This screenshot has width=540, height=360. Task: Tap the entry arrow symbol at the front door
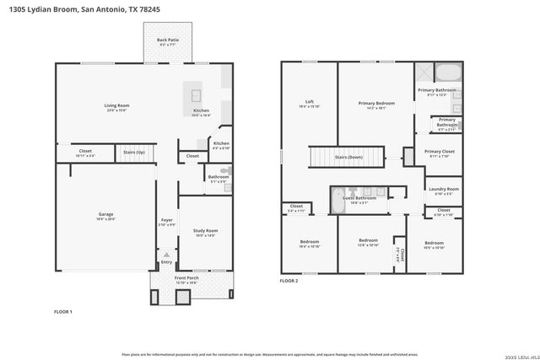pyautogui.click(x=166, y=254)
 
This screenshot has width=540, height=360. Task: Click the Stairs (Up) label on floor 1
pyautogui.click(x=134, y=153)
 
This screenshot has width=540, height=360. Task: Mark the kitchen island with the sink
pyautogui.click(x=195, y=94)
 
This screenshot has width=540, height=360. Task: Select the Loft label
pyautogui.click(x=309, y=103)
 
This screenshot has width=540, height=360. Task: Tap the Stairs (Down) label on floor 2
pyautogui.click(x=348, y=157)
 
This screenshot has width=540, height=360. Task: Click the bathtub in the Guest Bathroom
pyautogui.click(x=337, y=200)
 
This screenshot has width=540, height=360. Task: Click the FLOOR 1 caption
pyautogui.click(x=63, y=312)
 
